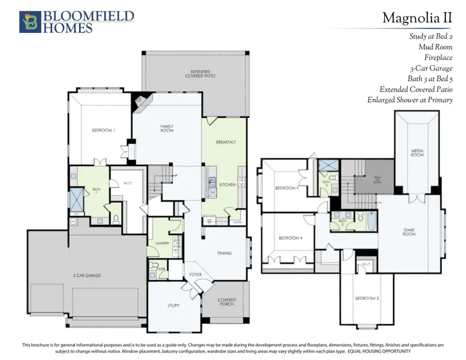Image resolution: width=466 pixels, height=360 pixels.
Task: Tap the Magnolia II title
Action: pos(417,18)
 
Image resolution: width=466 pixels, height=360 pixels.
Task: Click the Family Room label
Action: pos(167,128)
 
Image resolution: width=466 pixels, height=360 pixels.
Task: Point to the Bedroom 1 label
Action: pos(104,130)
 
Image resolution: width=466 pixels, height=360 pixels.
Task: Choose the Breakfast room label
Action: pos(226,142)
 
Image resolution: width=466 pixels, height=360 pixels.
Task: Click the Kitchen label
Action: pos(227,184)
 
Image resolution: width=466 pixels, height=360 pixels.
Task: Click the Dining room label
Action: pos(224,253)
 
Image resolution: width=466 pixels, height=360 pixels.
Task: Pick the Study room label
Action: pos(173,306)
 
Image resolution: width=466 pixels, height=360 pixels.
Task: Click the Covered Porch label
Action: pos(227,302)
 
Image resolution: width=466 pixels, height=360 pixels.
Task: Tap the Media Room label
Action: pos(418,153)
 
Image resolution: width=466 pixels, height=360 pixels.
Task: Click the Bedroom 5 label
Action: pos(287,188)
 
